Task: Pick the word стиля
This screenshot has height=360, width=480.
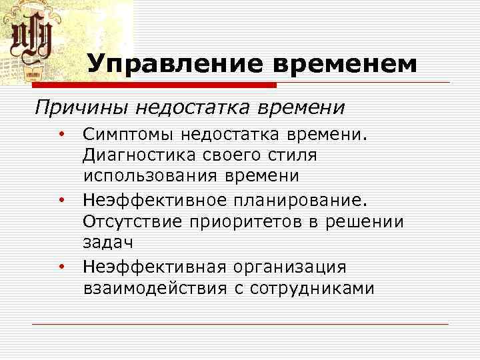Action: [293, 155]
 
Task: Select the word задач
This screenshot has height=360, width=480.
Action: [104, 243]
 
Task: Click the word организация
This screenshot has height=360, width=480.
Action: [289, 267]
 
